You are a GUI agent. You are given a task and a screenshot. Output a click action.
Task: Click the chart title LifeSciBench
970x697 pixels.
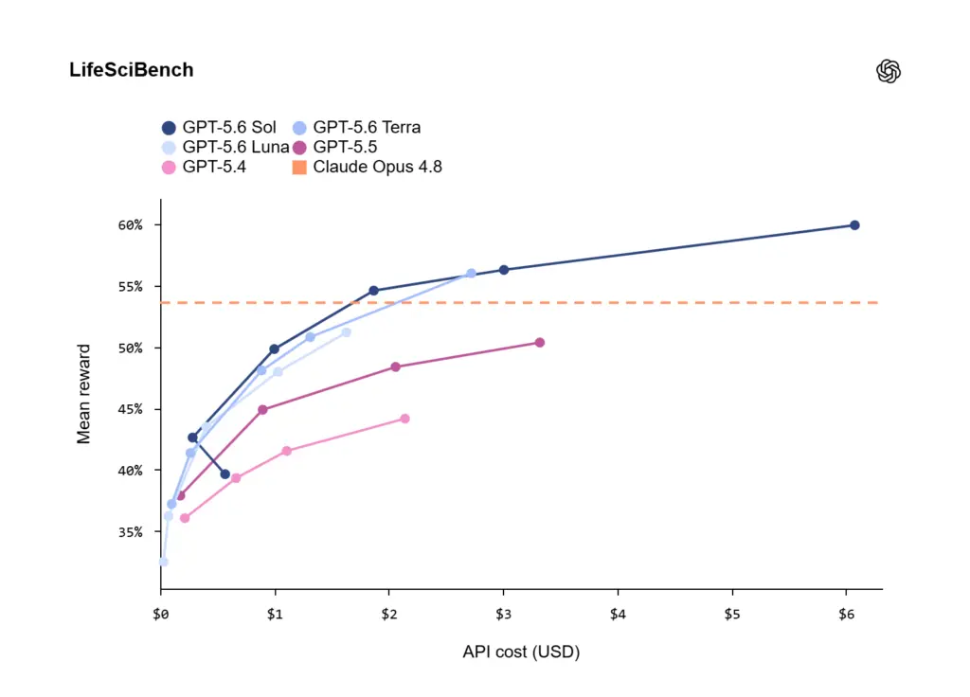point(131,70)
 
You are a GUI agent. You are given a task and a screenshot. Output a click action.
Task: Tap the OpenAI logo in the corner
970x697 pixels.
point(889,71)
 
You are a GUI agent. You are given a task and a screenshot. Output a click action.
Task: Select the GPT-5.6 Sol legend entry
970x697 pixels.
point(219,128)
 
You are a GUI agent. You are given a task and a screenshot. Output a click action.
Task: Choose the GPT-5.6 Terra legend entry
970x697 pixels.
point(356,128)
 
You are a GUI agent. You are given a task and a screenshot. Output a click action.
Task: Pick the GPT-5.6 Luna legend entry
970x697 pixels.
point(225,147)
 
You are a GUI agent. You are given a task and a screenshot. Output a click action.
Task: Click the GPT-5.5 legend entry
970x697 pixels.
point(334,147)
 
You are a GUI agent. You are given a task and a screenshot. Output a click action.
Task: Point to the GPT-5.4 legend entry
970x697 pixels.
point(204,167)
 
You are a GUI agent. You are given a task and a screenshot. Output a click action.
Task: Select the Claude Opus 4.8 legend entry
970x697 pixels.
point(367,167)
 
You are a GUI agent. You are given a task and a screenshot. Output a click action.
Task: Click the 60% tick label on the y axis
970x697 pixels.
point(130,225)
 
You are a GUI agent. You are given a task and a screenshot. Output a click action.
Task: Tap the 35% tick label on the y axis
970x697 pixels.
point(130,532)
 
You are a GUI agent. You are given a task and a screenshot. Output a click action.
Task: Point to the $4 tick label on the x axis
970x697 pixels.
point(618,614)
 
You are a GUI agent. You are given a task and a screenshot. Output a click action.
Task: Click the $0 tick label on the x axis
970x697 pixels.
point(161,614)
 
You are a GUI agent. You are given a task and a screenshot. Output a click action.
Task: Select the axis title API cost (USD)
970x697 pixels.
point(521,652)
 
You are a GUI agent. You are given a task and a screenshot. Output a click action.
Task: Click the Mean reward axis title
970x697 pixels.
point(83,394)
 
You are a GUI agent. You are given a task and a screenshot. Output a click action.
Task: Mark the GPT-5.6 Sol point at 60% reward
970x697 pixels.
point(854,225)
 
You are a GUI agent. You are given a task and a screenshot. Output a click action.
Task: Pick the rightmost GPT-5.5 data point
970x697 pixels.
point(539,343)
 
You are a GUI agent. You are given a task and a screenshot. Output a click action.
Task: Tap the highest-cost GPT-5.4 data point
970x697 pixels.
point(404,419)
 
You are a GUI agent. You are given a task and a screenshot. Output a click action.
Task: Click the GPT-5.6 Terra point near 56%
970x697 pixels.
point(471,274)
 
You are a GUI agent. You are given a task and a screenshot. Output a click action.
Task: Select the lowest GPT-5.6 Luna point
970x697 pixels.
point(163,563)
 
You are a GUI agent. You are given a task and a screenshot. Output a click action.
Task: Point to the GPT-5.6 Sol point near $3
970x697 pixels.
point(504,270)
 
